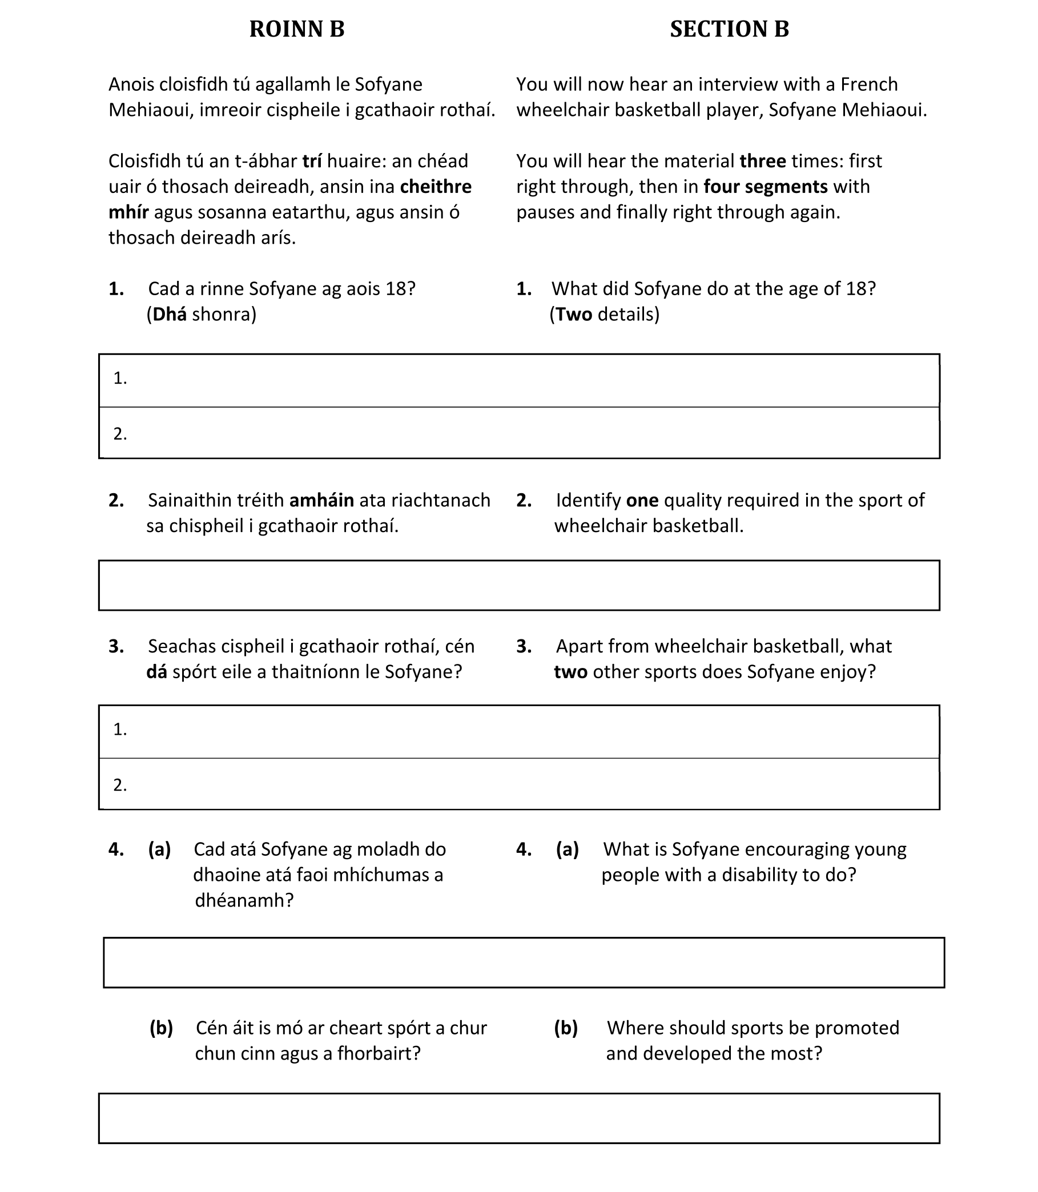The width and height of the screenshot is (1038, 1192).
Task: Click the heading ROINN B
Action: (x=296, y=29)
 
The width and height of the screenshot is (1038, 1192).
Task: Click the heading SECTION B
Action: (x=729, y=29)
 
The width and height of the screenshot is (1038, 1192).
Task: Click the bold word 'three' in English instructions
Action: (x=762, y=161)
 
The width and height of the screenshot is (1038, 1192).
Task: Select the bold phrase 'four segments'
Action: (x=765, y=187)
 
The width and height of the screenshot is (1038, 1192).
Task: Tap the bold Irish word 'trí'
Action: (x=312, y=161)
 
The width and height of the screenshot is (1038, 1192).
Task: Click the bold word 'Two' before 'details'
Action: (x=573, y=315)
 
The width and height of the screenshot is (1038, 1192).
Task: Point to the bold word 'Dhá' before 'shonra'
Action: (x=169, y=315)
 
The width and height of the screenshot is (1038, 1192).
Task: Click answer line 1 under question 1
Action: (x=519, y=380)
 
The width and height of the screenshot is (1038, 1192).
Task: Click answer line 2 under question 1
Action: (x=519, y=433)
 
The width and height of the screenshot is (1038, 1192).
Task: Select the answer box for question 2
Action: (x=519, y=585)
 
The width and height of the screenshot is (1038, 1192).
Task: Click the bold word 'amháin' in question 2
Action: (x=321, y=501)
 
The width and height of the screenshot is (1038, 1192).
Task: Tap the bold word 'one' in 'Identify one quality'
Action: (x=642, y=501)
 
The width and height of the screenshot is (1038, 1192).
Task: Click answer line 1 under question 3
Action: (x=519, y=731)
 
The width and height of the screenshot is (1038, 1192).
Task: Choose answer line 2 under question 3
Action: (x=519, y=784)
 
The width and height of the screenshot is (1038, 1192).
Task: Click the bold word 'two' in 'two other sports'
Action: (x=570, y=672)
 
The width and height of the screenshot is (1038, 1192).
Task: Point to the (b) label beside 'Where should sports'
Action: (x=565, y=1028)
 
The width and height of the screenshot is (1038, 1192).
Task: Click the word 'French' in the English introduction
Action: (x=868, y=84)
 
